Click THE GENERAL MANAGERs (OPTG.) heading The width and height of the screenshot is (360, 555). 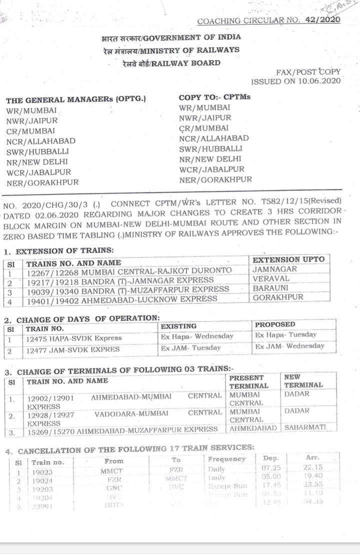[x=76, y=99]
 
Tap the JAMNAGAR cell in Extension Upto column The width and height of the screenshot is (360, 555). [x=274, y=269]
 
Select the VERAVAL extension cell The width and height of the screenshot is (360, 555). [x=271, y=278]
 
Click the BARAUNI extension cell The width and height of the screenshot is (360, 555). [x=270, y=288]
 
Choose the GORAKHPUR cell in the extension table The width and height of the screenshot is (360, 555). [x=278, y=297]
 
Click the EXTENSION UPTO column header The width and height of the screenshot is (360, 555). [x=288, y=259]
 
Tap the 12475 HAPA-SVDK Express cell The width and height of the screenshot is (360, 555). [x=74, y=338]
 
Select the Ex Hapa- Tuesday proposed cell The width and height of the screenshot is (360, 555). [x=285, y=335]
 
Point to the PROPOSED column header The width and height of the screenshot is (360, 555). [x=275, y=324]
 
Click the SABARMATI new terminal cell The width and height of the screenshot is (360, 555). [x=304, y=428]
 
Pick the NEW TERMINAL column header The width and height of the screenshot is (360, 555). [x=303, y=381]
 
